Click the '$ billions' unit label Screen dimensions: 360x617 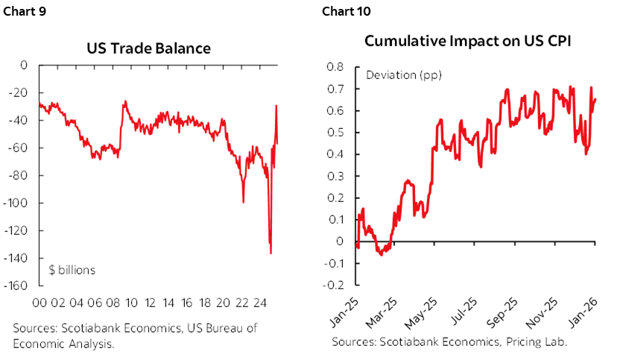[72, 270]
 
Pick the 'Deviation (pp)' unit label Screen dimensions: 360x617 [394, 75]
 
